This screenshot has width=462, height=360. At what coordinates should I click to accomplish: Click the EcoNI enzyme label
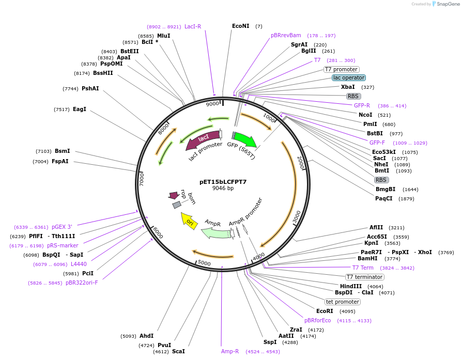coord(240,26)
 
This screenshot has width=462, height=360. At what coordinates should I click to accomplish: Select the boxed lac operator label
coord(348,77)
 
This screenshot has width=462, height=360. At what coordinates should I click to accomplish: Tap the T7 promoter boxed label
coord(341,69)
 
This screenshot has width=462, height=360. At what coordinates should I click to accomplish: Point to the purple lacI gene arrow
coord(202,139)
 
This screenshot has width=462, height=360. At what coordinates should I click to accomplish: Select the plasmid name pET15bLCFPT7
coord(223,182)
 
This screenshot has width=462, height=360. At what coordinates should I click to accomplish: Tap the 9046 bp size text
coord(223,189)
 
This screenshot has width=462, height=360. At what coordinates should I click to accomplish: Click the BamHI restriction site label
coord(368,258)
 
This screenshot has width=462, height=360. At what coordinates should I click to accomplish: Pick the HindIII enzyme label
coord(351,286)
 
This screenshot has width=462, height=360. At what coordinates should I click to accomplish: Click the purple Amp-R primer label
coord(230,351)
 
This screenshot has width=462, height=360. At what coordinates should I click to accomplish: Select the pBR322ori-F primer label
coord(82,283)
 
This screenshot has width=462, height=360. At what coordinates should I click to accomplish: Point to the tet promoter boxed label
coord(342,302)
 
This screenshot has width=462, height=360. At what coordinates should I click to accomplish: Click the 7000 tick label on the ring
coord(142,179)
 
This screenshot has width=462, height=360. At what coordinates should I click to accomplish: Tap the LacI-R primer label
coord(193,26)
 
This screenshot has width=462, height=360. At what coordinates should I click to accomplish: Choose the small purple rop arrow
coord(174,195)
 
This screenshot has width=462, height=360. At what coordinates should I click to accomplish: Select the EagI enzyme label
coord(80,109)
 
